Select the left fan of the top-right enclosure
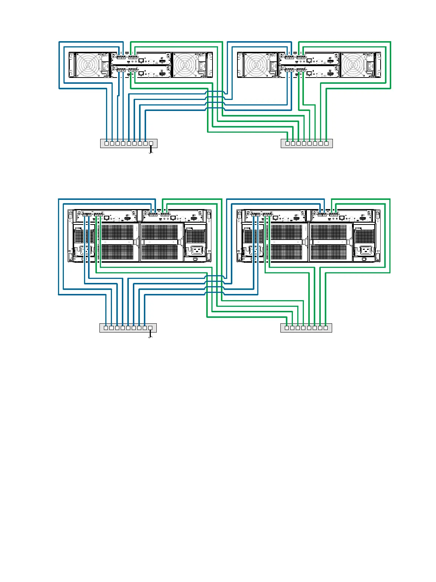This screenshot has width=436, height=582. tap(257, 65)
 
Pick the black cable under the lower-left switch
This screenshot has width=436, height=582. tap(150, 335)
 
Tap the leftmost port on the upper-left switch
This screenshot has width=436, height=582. tap(107, 143)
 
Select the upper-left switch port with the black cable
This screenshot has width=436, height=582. tap(150, 143)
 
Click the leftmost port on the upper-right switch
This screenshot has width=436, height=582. tap(287, 143)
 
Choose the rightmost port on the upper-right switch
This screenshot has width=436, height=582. tap(326, 143)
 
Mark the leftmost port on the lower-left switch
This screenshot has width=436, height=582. tap(106, 328)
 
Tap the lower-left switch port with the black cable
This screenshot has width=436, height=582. tap(150, 328)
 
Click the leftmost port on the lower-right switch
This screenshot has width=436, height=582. tap(287, 328)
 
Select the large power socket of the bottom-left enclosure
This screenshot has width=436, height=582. tap(196, 251)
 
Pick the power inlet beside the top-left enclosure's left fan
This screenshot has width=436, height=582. tap(104, 66)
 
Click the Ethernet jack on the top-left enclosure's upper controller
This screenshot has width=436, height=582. tap(141, 60)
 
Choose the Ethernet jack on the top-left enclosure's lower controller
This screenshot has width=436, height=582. tap(141, 73)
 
